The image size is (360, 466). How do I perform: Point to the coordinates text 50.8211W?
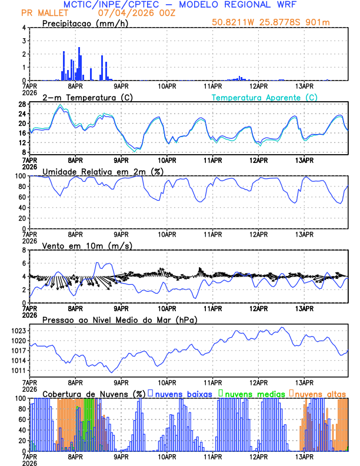235,22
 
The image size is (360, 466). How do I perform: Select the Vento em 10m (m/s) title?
87,245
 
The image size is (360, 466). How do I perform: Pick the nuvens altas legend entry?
319,393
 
